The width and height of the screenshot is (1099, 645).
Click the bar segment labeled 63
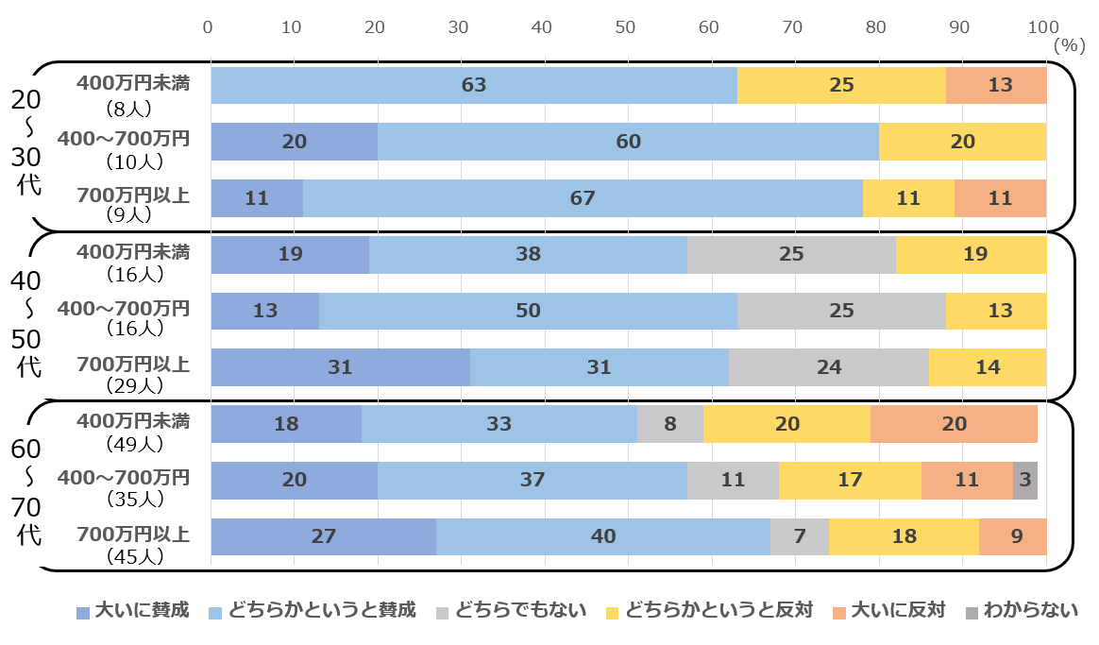pos(474,85)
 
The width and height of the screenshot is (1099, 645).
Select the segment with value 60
pos(628,142)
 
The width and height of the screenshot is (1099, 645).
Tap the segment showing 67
pos(583,198)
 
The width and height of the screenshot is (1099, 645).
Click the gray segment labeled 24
pos(828,367)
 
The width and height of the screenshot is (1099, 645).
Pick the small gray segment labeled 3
pos(1025,480)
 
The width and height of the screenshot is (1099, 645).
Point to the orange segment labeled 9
pos(1013,536)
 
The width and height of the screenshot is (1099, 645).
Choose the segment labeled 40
pos(603,536)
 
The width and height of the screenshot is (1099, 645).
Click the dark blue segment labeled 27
pos(323,536)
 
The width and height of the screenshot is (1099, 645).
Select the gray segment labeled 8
pos(669,424)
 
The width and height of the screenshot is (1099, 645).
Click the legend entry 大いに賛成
pos(133,610)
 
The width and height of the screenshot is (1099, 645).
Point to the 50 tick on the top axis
pos(625,26)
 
